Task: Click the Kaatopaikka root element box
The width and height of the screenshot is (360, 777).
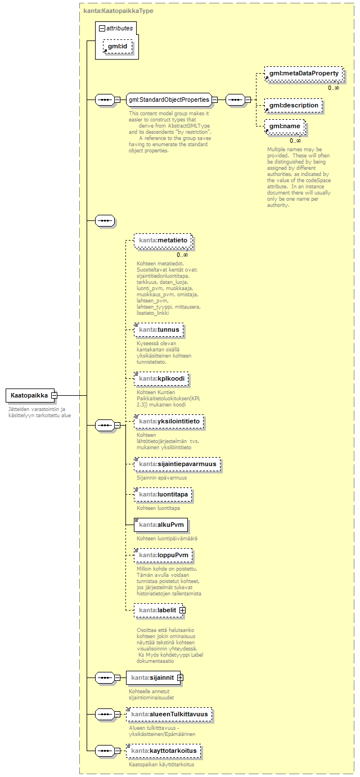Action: click(29, 395)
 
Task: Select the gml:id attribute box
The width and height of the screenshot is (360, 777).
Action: click(118, 47)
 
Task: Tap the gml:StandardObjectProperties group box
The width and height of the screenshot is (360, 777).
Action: click(168, 100)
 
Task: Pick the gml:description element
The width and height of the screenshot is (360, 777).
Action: click(293, 105)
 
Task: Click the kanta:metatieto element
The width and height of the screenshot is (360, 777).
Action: click(163, 241)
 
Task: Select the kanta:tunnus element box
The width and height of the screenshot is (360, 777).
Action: click(159, 329)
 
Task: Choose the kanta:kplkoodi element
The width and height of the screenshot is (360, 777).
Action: click(161, 378)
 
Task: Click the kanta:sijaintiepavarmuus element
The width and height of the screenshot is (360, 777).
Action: click(178, 465)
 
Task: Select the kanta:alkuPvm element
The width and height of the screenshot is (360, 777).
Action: click(160, 525)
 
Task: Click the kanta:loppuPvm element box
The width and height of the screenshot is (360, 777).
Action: click(163, 555)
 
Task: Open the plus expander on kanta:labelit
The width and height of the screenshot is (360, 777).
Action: click(182, 610)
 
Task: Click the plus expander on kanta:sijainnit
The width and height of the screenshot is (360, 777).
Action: click(180, 677)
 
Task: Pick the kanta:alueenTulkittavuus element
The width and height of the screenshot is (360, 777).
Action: click(169, 715)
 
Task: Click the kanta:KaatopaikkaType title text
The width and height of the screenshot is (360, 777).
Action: click(118, 11)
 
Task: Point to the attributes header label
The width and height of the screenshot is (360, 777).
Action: click(119, 27)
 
